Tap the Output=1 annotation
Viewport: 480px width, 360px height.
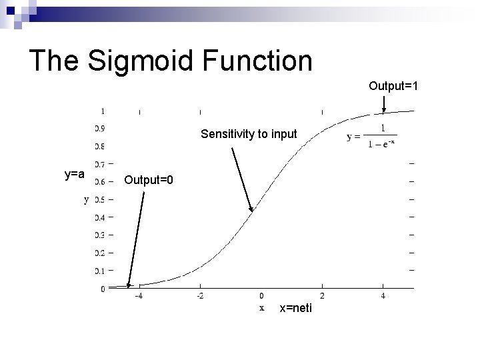click(393, 86)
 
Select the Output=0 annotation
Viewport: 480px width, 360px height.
click(149, 180)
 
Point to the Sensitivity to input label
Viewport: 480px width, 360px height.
click(249, 134)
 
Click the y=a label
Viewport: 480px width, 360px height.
click(74, 175)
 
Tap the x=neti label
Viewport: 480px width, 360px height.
click(296, 308)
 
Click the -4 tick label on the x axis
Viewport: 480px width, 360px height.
click(138, 295)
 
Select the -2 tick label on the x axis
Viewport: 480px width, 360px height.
click(199, 295)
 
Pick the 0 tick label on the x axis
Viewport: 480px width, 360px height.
click(261, 295)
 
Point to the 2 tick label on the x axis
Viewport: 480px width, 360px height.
click(322, 295)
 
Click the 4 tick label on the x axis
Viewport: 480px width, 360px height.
click(383, 295)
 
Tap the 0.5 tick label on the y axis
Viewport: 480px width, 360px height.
click(99, 199)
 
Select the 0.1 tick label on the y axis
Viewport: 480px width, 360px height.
click(99, 271)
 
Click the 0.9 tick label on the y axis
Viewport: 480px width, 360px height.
click(99, 128)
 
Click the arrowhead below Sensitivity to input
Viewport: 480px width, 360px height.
click(252, 209)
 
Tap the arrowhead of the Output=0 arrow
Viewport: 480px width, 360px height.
click(129, 286)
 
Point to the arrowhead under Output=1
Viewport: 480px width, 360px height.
click(384, 110)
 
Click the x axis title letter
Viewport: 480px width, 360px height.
click(261, 307)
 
